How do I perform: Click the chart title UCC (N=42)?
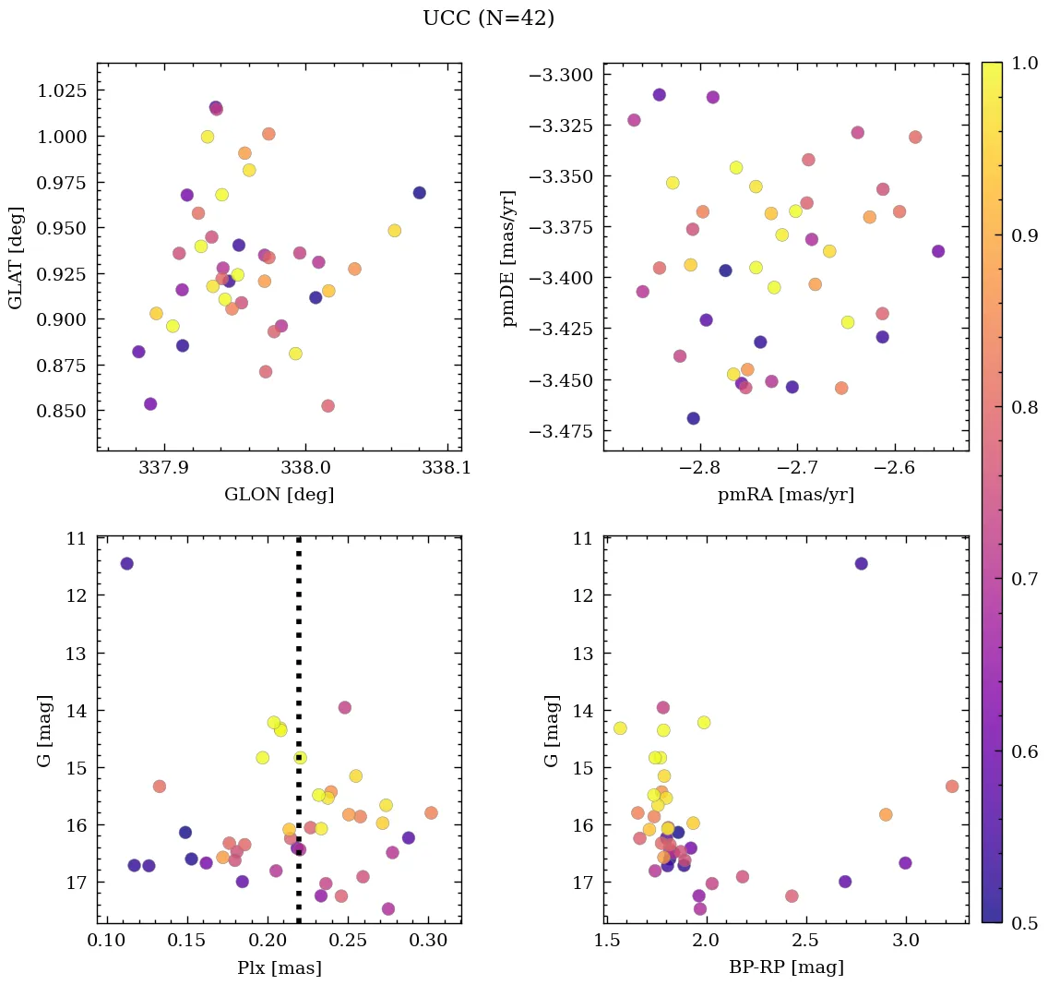[x=488, y=18]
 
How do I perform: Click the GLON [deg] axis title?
[x=279, y=495]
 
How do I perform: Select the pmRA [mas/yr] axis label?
[x=786, y=495]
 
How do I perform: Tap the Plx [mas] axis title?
[x=279, y=967]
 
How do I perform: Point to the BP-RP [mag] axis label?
[x=786, y=967]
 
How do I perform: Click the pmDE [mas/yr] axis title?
[x=509, y=258]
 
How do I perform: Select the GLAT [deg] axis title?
[x=16, y=258]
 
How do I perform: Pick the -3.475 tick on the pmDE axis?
[x=566, y=431]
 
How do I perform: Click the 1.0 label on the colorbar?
[x=1024, y=63]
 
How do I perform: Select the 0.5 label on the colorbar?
[x=1024, y=923]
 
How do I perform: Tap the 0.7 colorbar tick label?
[x=1024, y=579]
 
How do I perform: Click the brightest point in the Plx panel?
[x=126, y=563]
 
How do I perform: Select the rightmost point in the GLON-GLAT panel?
[x=420, y=193]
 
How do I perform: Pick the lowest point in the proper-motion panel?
[x=694, y=418]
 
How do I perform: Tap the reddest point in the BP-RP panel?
[x=952, y=787]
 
